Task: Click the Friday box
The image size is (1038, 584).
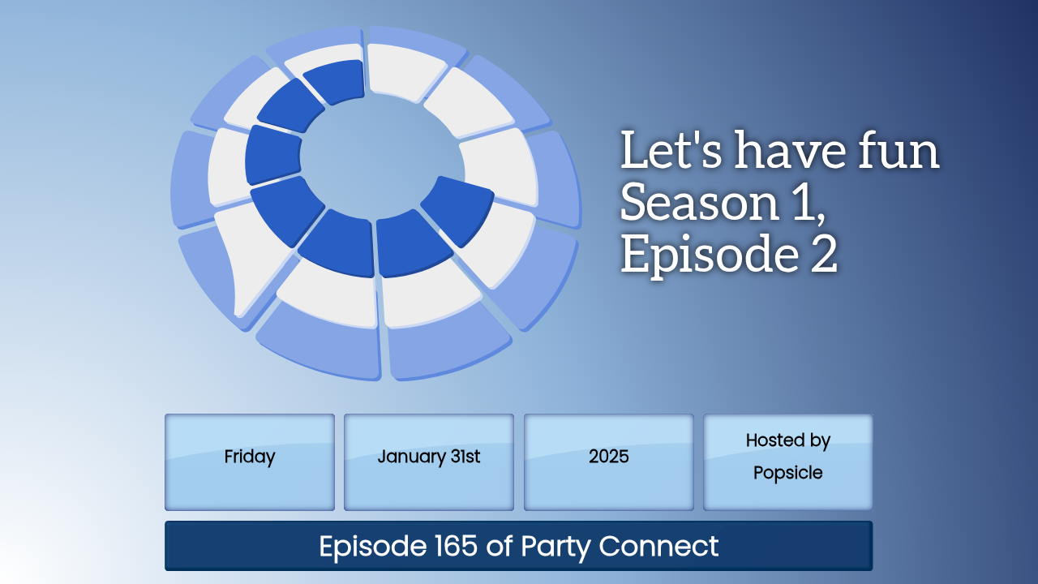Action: [249, 462]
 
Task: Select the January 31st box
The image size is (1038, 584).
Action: [429, 462]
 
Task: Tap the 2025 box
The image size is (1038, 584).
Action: [608, 462]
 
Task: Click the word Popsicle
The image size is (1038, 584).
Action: [787, 473]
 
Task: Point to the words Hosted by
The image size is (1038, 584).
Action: [787, 440]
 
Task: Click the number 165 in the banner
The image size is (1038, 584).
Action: [456, 546]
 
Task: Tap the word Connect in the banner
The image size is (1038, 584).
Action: [658, 546]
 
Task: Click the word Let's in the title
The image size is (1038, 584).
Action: [671, 150]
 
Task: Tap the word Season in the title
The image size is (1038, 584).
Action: [700, 202]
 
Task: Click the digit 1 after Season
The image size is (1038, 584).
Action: [803, 202]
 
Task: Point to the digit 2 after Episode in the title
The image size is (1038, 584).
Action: [824, 254]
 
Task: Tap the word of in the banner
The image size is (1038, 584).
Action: [499, 546]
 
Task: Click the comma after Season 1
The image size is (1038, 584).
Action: [821, 218]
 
